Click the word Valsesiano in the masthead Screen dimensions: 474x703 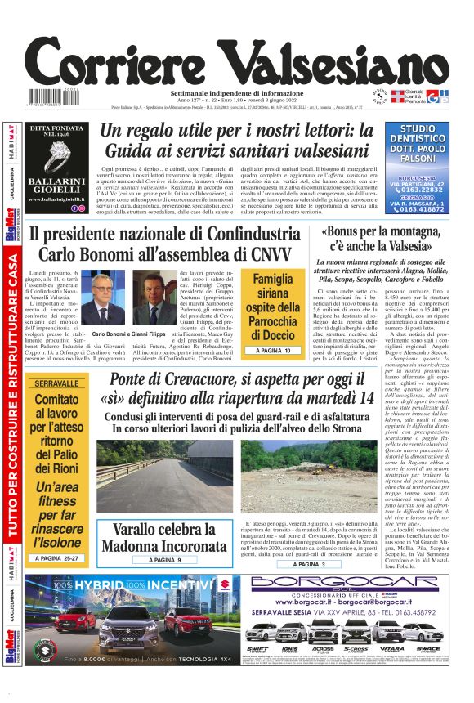tap(335, 61)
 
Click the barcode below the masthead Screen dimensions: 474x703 tap(51, 99)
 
